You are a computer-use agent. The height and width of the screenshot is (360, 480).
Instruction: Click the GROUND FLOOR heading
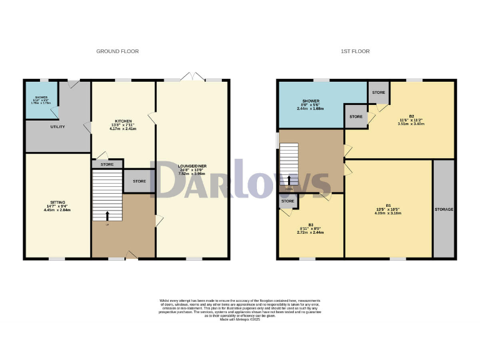click(x=117, y=51)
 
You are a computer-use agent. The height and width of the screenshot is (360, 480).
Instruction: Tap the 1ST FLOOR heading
click(x=364, y=51)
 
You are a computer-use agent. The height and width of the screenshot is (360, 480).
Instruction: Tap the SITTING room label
click(x=57, y=202)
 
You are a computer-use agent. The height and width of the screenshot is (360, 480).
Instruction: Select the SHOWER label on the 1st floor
click(x=311, y=101)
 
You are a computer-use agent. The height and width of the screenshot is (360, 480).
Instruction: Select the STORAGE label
click(x=444, y=209)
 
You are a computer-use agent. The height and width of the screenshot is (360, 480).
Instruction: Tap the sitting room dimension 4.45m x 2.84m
click(x=57, y=211)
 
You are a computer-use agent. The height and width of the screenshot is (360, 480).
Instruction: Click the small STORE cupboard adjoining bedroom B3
click(x=287, y=201)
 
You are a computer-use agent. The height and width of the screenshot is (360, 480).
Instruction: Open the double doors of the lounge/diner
click(x=187, y=77)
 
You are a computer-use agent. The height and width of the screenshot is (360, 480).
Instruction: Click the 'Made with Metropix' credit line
click(x=239, y=320)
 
